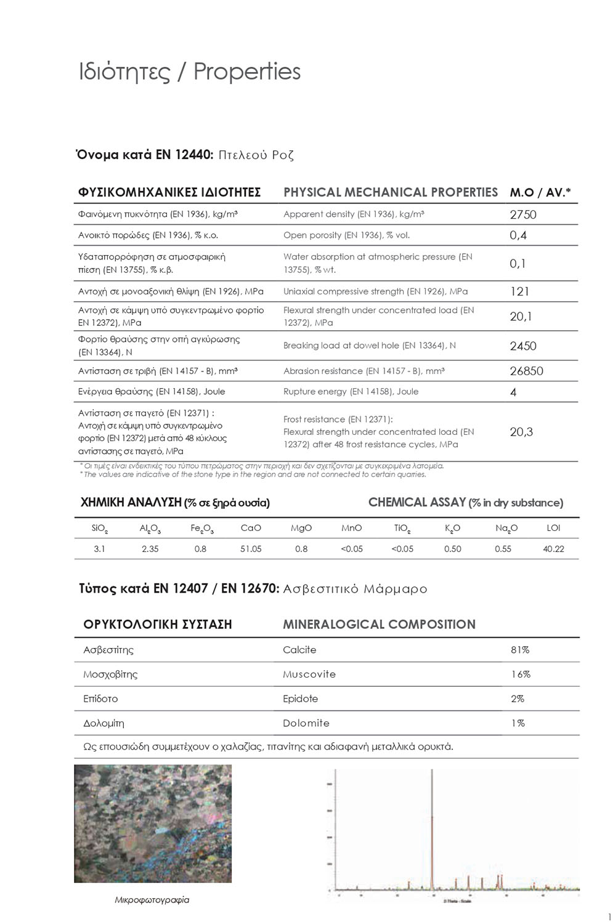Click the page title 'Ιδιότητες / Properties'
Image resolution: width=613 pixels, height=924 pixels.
pyautogui.click(x=189, y=72)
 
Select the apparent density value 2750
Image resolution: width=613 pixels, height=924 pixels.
pyautogui.click(x=523, y=214)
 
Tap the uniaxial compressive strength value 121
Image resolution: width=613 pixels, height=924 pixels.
pyautogui.click(x=519, y=291)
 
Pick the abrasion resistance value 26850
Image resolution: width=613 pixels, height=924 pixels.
pyautogui.click(x=526, y=371)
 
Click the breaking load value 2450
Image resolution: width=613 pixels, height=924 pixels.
pyautogui.click(x=523, y=346)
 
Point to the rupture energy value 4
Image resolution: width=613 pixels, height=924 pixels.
pyautogui.click(x=513, y=392)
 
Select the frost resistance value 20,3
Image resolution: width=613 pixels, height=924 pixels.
pyautogui.click(x=521, y=432)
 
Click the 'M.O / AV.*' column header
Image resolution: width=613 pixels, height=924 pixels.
pyautogui.click(x=540, y=192)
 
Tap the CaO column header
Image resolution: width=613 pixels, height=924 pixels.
pyautogui.click(x=251, y=528)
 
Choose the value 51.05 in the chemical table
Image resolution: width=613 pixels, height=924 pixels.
pyautogui.click(x=251, y=549)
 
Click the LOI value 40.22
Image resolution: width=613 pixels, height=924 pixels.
pyautogui.click(x=553, y=549)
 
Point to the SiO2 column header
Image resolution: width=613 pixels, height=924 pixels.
pyautogui.click(x=100, y=529)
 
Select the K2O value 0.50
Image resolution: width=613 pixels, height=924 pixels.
pyautogui.click(x=452, y=549)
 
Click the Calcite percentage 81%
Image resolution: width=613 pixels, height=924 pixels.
pyautogui.click(x=520, y=650)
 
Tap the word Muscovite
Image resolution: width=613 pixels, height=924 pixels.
pyautogui.click(x=309, y=675)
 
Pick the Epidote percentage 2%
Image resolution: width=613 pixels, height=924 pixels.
pyautogui.click(x=518, y=699)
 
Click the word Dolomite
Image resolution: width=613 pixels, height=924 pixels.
pyautogui.click(x=306, y=723)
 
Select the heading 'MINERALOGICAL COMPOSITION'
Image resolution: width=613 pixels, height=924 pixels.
pyautogui.click(x=379, y=625)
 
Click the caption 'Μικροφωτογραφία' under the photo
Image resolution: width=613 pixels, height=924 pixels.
pyautogui.click(x=152, y=900)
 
